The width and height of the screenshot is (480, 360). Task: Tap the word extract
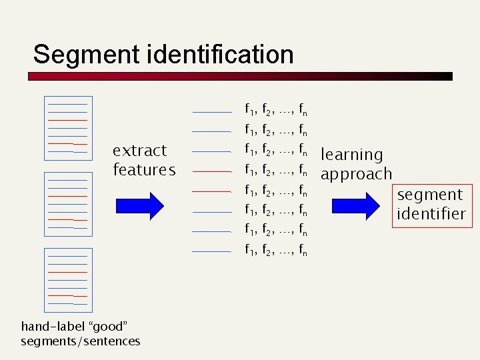(x=139, y=150)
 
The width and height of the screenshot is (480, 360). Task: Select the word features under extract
(x=144, y=170)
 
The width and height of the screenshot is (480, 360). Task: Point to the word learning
(x=352, y=155)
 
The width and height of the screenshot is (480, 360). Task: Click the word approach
(x=356, y=174)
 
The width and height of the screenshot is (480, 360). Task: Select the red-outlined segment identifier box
(x=430, y=204)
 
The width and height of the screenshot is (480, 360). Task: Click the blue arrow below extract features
(x=139, y=205)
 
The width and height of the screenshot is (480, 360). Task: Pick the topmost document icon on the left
(x=68, y=128)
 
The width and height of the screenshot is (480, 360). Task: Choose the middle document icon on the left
(x=68, y=204)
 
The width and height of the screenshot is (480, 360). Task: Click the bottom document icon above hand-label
(x=68, y=280)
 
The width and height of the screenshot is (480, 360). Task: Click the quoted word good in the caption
(x=108, y=326)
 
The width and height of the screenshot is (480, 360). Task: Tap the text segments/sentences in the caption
(x=81, y=341)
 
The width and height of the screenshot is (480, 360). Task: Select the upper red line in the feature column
(x=211, y=171)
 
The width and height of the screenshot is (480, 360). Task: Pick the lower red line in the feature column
(x=211, y=191)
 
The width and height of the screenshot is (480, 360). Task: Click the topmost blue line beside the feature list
(x=211, y=111)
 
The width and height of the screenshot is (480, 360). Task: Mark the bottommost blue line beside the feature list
(x=211, y=251)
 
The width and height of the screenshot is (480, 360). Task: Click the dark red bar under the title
(x=240, y=77)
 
